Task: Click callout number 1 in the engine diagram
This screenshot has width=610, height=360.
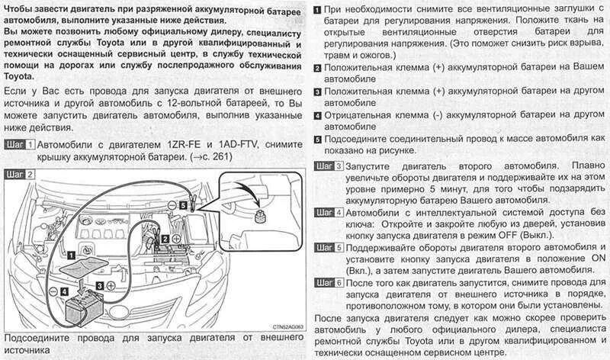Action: click(x=70, y=257)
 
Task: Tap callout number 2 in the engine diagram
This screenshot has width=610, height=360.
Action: click(x=165, y=239)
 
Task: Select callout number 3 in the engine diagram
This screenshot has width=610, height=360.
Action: click(x=99, y=284)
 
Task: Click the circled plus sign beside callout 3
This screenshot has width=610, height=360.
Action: click(x=112, y=284)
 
